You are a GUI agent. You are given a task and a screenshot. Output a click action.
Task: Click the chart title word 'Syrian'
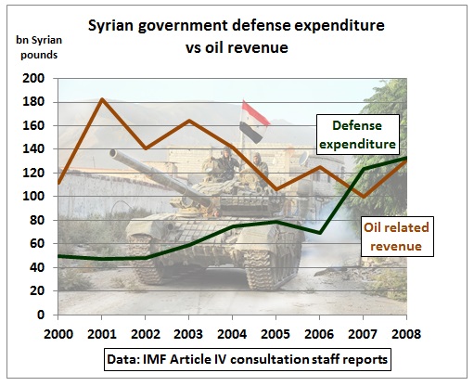click(110, 26)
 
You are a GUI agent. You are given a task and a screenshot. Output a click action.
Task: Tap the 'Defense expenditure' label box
click(357, 135)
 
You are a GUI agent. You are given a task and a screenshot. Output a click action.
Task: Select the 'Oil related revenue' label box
click(397, 237)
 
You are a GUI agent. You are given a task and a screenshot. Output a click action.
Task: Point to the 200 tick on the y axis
click(33, 78)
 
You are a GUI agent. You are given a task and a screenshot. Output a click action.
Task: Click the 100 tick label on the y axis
click(33, 196)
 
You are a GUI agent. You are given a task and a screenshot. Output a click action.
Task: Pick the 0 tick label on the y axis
click(41, 315)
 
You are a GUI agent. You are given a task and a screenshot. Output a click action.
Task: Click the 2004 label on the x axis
click(232, 334)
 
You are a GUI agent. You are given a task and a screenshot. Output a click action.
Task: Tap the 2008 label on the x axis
click(406, 334)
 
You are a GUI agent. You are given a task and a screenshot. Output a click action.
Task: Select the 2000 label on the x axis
click(58, 334)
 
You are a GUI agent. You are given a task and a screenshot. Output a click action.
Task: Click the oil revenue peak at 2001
click(102, 99)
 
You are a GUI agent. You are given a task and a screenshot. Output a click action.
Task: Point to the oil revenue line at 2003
click(189, 121)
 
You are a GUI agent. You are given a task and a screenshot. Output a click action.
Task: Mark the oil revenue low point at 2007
click(364, 196)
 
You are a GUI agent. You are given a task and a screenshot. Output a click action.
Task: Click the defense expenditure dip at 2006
click(320, 233)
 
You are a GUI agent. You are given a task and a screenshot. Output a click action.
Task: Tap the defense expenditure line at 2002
click(146, 258)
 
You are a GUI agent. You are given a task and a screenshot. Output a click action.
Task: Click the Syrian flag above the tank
click(253, 122)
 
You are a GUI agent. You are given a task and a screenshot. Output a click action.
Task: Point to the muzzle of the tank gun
click(113, 153)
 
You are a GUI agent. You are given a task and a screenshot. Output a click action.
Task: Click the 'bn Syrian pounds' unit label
click(39, 47)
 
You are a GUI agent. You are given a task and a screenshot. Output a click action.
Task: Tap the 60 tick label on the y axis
click(37, 243)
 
